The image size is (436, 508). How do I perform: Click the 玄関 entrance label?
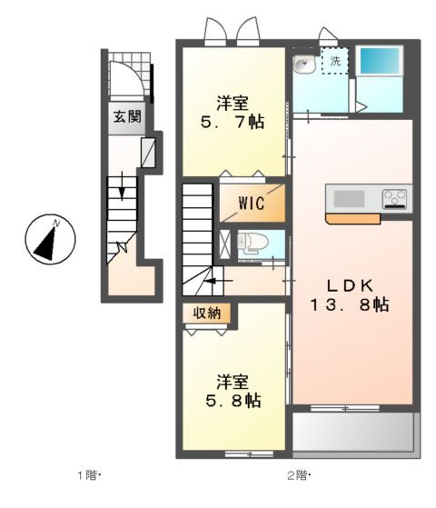coord(127,116)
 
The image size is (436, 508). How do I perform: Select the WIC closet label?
coord(252,204)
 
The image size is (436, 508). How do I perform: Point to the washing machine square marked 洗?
coord(334,62)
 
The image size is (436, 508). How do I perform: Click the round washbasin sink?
coord(303,64)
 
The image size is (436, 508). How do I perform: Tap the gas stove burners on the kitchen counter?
coord(394,198)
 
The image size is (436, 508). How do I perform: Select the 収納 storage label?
coord(205,314)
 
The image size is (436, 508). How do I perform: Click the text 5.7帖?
coord(233,120)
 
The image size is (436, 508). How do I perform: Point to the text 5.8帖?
coord(233,399)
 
